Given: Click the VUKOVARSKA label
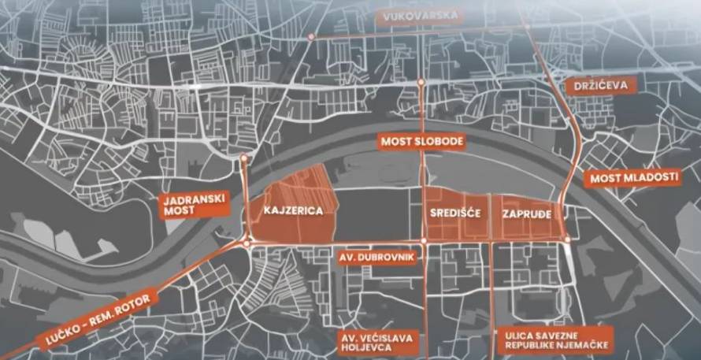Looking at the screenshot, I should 417,17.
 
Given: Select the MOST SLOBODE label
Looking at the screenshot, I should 422,142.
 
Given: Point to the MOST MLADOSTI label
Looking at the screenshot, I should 634,178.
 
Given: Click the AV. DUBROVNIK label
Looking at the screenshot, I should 377,258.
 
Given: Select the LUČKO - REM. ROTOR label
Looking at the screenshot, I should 84,317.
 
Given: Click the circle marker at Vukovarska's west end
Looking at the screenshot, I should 311,37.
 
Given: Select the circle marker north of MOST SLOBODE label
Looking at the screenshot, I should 422,81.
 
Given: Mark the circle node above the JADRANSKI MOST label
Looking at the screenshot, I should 243,159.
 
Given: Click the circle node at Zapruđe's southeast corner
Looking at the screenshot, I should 567,239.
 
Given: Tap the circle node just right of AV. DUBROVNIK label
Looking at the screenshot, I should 424,240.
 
